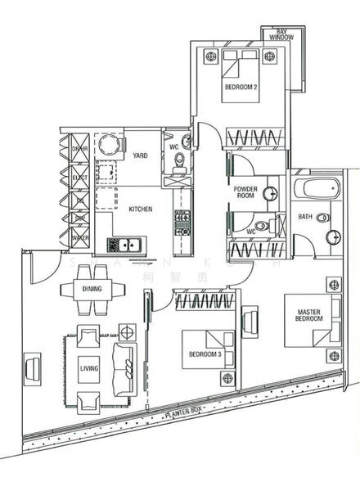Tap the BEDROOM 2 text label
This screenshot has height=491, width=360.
pos(241,87)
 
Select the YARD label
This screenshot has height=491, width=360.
pos(140,155)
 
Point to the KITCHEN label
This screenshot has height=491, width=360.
pos(140,209)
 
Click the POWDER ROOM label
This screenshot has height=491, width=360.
pos(245,193)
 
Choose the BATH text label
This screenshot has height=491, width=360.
pos(305,217)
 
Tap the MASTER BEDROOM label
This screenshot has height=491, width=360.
pos(308,313)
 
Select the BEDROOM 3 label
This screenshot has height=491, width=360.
pos(205,354)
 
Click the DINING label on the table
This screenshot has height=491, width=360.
pos(92,289)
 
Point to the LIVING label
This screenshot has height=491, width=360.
pos(88,369)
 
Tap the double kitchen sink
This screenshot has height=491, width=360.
pos(124,245)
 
